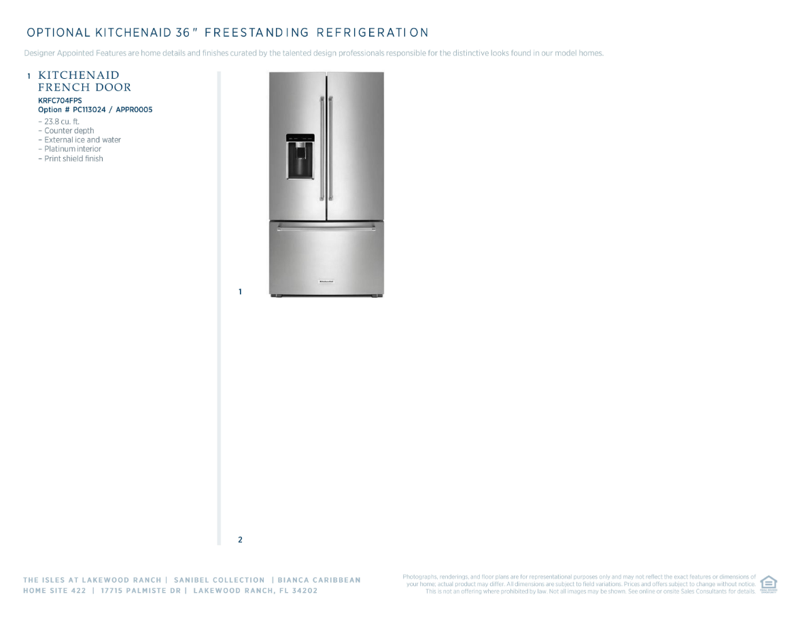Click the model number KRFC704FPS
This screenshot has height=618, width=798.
point(60,101)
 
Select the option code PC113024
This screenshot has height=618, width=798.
point(88,109)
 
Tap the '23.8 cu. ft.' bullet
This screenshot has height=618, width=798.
point(61,122)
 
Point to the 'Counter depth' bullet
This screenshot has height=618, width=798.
point(69,131)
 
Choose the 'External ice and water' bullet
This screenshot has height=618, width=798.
point(82,140)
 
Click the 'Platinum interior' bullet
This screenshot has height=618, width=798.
point(72,149)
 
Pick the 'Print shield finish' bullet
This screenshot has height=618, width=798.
point(73,158)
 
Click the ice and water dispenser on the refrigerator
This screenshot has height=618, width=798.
point(300,157)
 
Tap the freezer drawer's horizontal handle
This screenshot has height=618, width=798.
point(326,229)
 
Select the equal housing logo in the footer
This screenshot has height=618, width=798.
point(769,584)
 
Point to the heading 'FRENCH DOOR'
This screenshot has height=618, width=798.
point(85,88)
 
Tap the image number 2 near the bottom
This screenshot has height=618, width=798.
point(240,540)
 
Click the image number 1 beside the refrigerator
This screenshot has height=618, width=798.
point(240,292)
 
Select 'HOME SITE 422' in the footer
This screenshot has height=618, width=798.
point(54,591)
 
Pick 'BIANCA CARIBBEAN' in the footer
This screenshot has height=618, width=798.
point(319,580)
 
